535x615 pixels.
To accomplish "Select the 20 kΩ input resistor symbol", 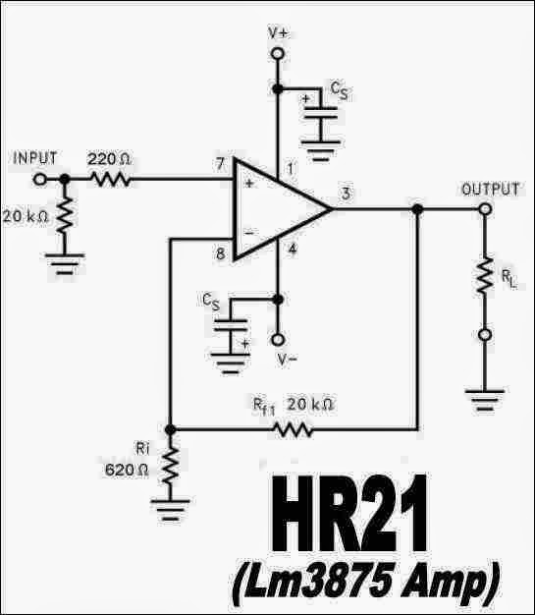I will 66,213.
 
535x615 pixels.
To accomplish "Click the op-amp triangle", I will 278,208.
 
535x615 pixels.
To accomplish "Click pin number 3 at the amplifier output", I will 347,193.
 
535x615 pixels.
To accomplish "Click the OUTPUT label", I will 490,190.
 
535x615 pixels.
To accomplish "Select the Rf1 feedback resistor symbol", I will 294,429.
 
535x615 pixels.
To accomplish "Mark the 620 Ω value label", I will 127,470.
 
